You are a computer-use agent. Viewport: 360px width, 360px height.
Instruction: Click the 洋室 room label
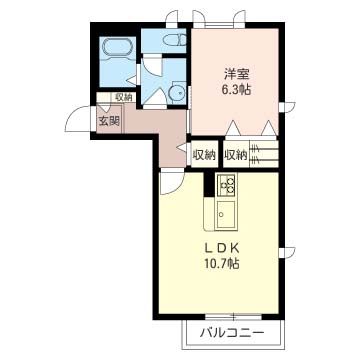(236, 73)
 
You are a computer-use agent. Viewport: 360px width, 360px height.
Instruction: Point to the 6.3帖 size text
(236, 89)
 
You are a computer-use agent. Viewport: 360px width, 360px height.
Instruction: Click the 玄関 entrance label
(108, 120)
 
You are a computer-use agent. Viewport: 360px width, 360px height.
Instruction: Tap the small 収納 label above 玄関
(123, 98)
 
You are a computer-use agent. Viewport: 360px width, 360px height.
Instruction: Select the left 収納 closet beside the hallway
(203, 155)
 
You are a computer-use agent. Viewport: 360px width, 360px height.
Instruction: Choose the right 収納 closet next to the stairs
(236, 155)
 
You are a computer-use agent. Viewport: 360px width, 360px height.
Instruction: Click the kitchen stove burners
(225, 186)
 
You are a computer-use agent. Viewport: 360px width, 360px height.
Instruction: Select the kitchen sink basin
(224, 214)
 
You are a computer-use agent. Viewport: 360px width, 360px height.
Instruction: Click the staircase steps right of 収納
(264, 154)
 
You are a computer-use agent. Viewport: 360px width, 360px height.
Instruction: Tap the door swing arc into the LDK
(171, 180)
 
